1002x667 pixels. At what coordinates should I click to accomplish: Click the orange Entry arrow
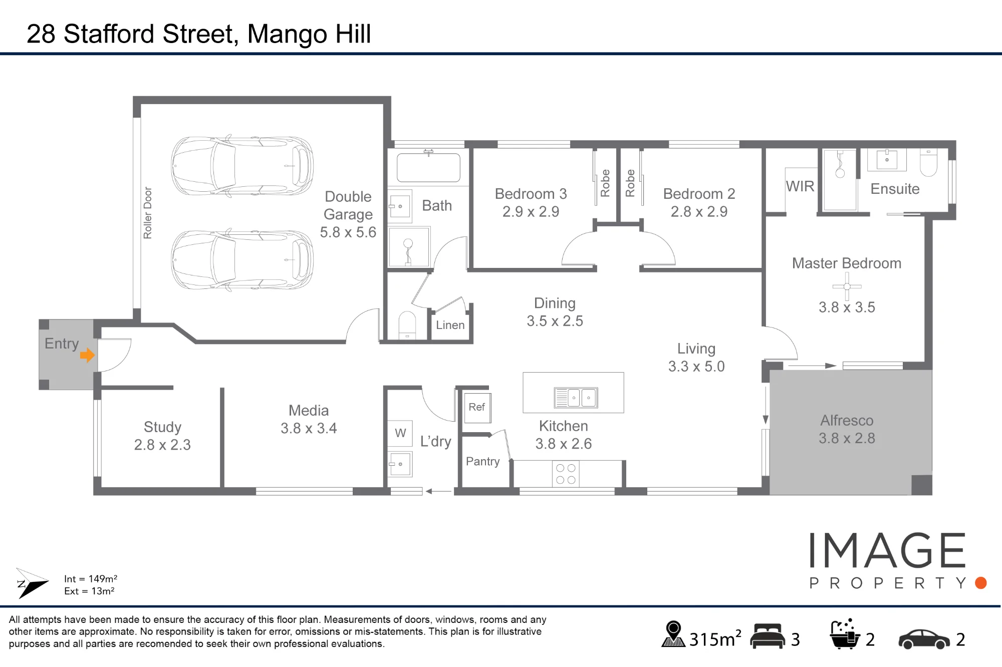87,355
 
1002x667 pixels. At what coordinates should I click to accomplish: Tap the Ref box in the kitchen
477,408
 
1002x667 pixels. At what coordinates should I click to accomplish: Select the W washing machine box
400,433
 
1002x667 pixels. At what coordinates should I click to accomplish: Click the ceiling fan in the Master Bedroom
847,286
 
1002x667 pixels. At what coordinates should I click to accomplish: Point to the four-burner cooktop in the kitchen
566,474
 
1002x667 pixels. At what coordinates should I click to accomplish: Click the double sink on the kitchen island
576,398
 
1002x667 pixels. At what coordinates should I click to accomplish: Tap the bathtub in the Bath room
428,167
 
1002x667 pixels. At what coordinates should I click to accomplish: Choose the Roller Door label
147,213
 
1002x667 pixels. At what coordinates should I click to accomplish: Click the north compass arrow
32,583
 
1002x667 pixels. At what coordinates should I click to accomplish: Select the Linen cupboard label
450,325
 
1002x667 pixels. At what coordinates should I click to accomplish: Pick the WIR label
800,186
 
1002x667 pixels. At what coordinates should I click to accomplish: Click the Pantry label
483,461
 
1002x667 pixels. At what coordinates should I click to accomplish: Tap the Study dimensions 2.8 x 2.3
162,445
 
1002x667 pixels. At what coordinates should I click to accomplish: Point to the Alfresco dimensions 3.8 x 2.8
847,438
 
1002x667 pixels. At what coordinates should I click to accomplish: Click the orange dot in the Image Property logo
981,583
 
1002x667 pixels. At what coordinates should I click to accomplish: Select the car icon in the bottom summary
924,639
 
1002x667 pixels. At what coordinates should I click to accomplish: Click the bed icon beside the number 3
768,636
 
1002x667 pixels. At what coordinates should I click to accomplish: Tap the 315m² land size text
715,639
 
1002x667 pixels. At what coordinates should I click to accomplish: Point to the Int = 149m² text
91,579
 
